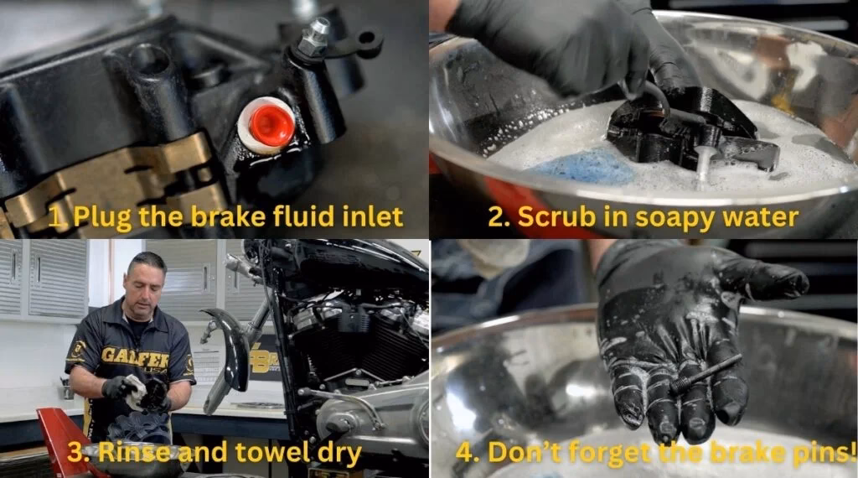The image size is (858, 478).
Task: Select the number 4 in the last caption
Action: (463, 454)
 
